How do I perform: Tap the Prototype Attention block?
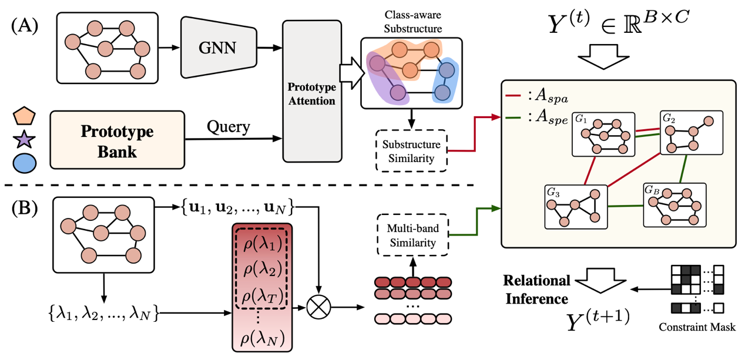[311, 91]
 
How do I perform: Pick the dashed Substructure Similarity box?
[411, 150]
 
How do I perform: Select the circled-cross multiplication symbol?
[319, 306]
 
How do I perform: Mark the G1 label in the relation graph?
[581, 119]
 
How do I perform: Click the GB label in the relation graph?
[652, 190]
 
